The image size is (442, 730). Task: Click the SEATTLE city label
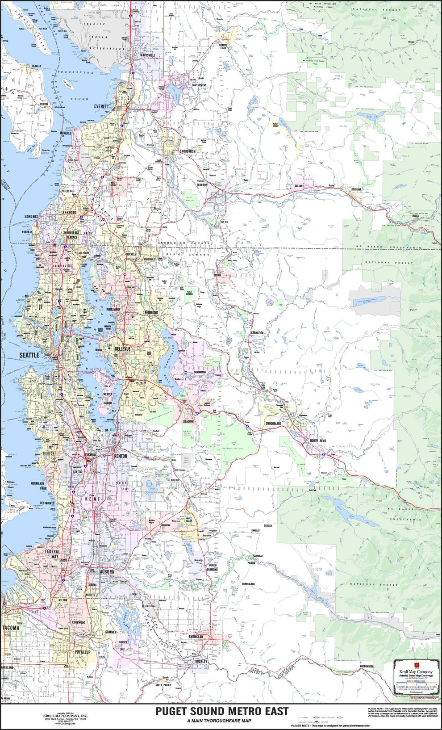(x=29, y=355)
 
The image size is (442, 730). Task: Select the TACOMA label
(x=11, y=628)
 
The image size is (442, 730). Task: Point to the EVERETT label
(x=101, y=107)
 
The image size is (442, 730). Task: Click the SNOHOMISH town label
(x=188, y=151)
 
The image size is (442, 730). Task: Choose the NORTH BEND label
(x=318, y=441)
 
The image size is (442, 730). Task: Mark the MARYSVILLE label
(x=148, y=55)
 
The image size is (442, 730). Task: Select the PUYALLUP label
(x=82, y=652)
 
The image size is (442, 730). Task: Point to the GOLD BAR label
(x=356, y=189)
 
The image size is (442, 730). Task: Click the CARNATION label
(x=257, y=333)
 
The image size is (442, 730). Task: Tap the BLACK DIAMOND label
(x=213, y=567)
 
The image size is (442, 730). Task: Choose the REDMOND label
(x=151, y=313)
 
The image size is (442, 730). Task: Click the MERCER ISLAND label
(x=108, y=399)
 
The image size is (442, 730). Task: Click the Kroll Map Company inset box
(x=415, y=677)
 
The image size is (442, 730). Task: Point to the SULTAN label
(x=298, y=185)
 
